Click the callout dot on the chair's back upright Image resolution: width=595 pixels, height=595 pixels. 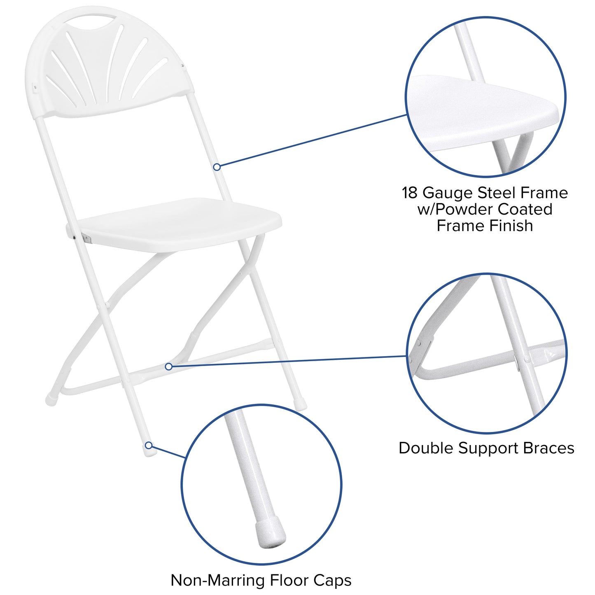(x=217, y=167)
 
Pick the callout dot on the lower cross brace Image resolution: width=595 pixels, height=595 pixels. (x=168, y=366)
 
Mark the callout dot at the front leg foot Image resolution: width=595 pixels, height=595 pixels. (x=148, y=445)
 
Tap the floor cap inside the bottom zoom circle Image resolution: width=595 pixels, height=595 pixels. (x=270, y=534)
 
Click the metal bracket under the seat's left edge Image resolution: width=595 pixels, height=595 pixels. (x=86, y=238)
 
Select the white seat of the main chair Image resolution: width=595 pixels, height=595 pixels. (x=177, y=224)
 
